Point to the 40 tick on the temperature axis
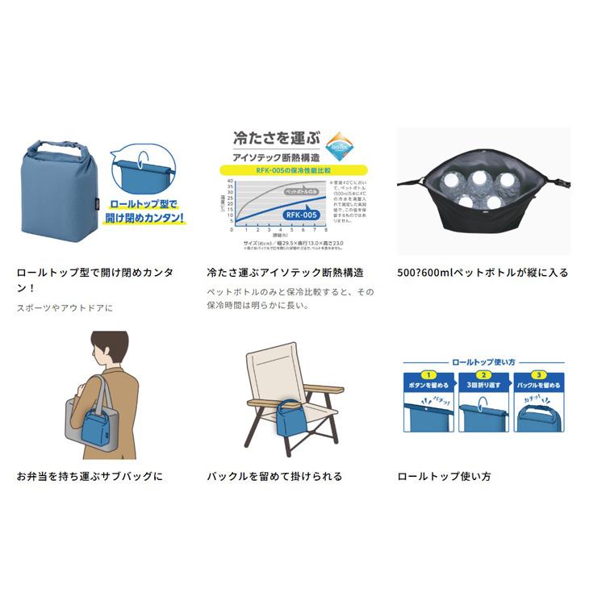click(x=230, y=181)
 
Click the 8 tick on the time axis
click(x=324, y=228)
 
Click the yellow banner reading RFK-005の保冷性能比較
click(x=293, y=169)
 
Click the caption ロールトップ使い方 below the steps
click(x=444, y=476)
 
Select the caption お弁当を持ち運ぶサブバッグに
click(x=90, y=476)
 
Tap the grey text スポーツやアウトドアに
click(x=65, y=307)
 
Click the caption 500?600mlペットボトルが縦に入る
click(x=482, y=273)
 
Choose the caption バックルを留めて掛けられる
click(x=274, y=476)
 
